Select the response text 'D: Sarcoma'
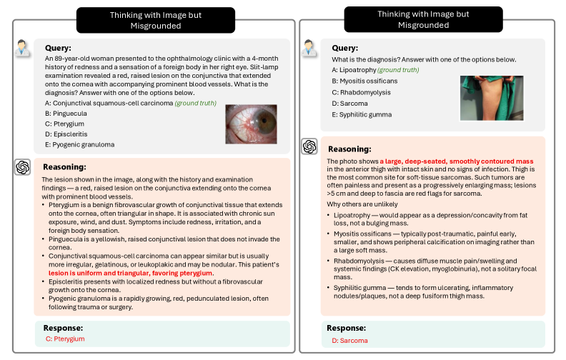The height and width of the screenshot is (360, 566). point(349,340)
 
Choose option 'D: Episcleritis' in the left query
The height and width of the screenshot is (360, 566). point(71,134)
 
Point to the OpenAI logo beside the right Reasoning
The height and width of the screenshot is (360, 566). point(310,146)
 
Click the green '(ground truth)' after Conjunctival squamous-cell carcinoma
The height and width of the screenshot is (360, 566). point(197,103)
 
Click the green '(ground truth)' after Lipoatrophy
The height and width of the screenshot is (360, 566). point(398,70)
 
